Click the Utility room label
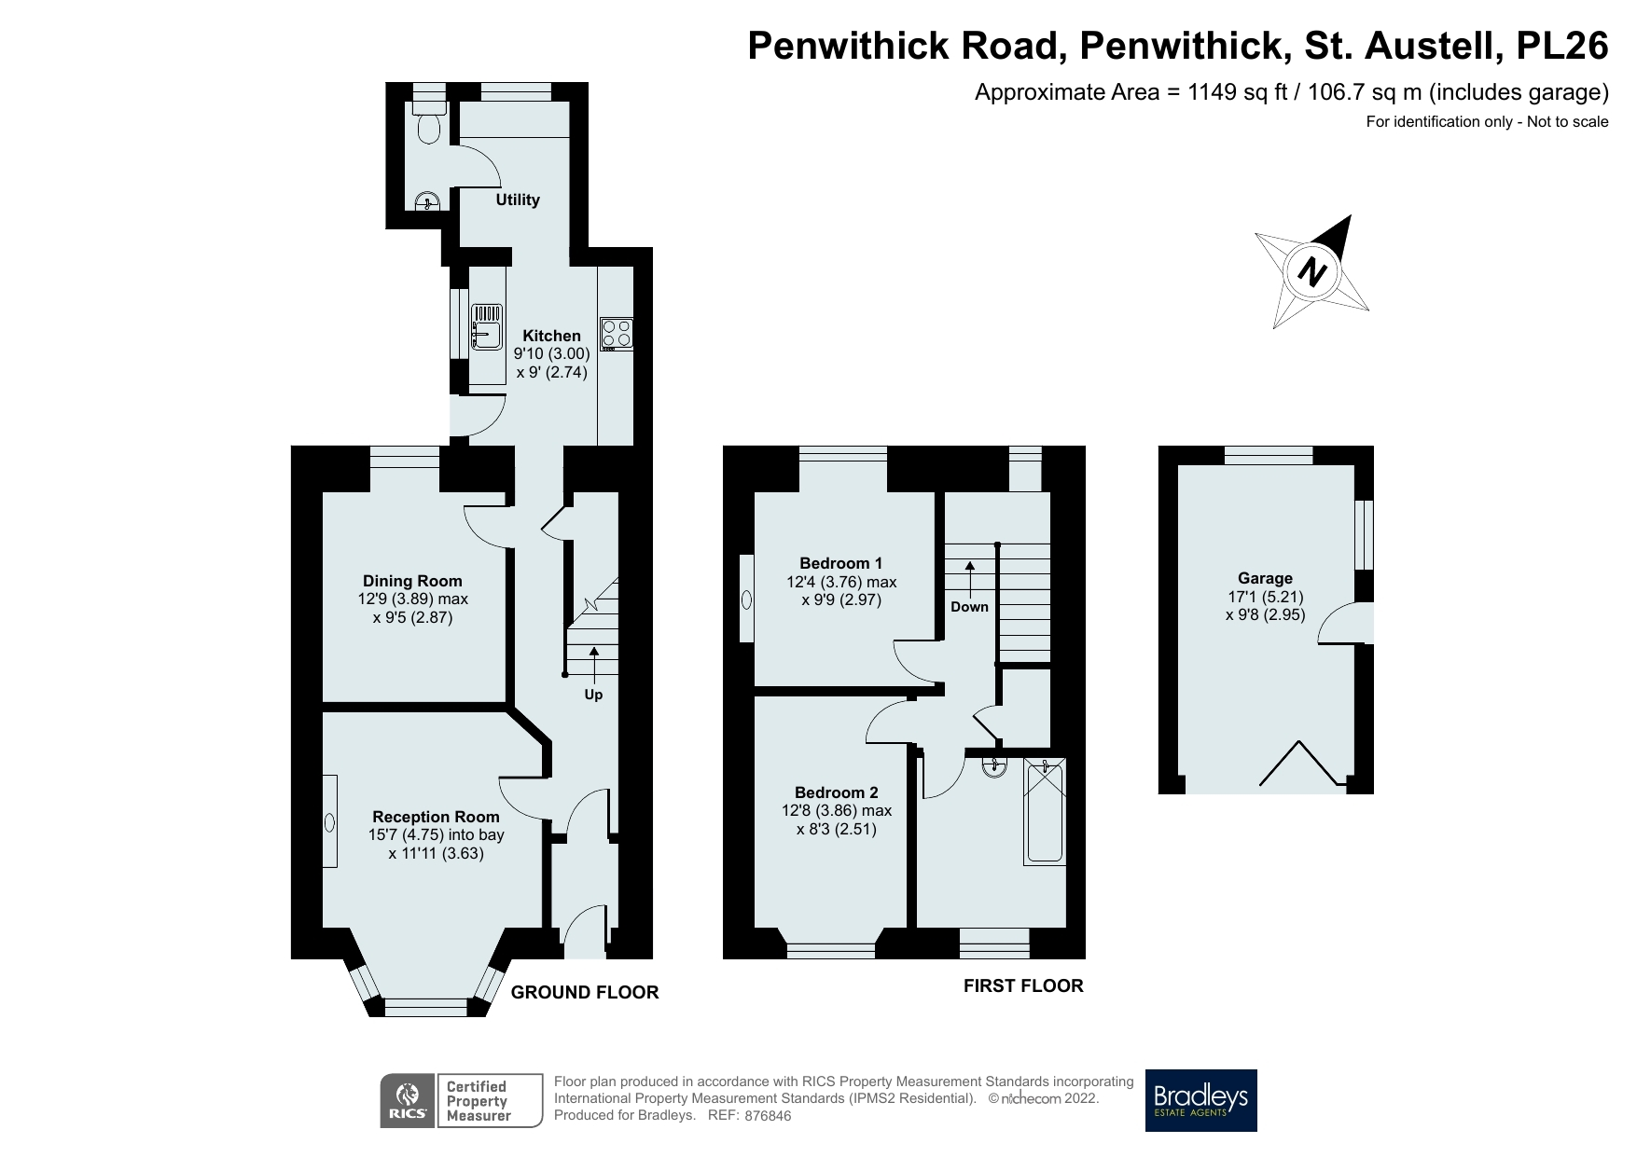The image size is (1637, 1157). [518, 200]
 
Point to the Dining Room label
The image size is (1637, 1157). [412, 581]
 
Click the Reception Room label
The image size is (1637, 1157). [436, 817]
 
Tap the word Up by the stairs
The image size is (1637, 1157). [593, 695]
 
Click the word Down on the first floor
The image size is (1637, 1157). [969, 607]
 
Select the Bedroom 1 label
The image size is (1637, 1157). [840, 563]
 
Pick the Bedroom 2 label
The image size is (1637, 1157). [836, 792]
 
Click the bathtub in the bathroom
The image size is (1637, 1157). [1045, 811]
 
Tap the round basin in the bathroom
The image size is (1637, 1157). [994, 767]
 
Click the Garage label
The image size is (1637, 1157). [1265, 578]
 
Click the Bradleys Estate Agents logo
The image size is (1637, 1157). [1200, 1100]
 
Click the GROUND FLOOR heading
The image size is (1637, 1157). [584, 993]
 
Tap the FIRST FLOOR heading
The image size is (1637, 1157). [1022, 985]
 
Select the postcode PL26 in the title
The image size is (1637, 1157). [1562, 46]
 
